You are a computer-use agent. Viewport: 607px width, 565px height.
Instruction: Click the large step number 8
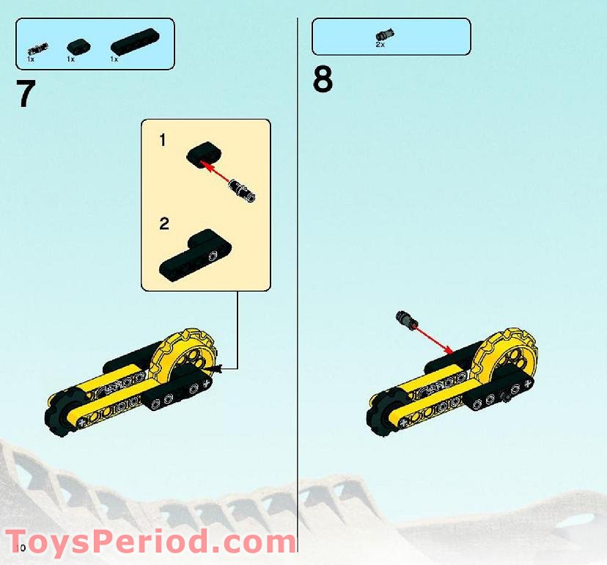tap(323, 80)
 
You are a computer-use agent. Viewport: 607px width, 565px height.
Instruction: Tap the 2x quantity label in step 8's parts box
tap(380, 45)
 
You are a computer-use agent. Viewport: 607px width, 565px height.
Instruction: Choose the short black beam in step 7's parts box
tap(75, 47)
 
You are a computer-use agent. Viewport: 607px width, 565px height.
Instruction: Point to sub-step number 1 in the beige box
tap(163, 140)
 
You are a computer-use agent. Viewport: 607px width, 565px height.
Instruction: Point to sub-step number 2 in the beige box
tap(163, 224)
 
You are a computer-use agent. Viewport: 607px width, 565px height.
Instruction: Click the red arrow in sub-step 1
tap(220, 172)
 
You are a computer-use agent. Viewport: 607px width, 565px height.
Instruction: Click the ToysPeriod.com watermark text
tap(150, 543)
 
